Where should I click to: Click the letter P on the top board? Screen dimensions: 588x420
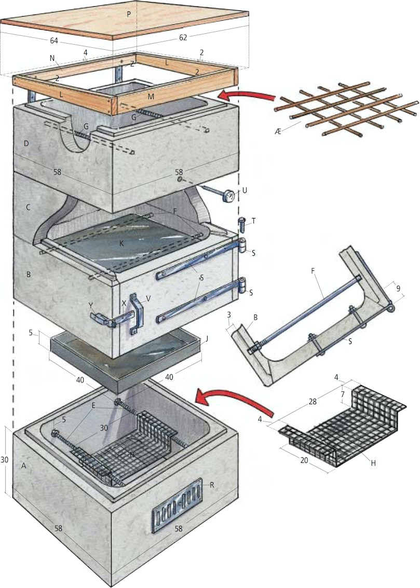point(128,15)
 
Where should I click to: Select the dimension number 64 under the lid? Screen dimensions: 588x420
point(54,41)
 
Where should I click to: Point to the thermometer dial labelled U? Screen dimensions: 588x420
point(227,197)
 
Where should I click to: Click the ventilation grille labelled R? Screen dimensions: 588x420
point(176,504)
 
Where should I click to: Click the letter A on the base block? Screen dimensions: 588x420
point(23,466)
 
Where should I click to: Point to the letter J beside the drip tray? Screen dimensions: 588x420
point(207,339)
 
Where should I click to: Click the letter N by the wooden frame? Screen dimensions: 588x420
point(52,58)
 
